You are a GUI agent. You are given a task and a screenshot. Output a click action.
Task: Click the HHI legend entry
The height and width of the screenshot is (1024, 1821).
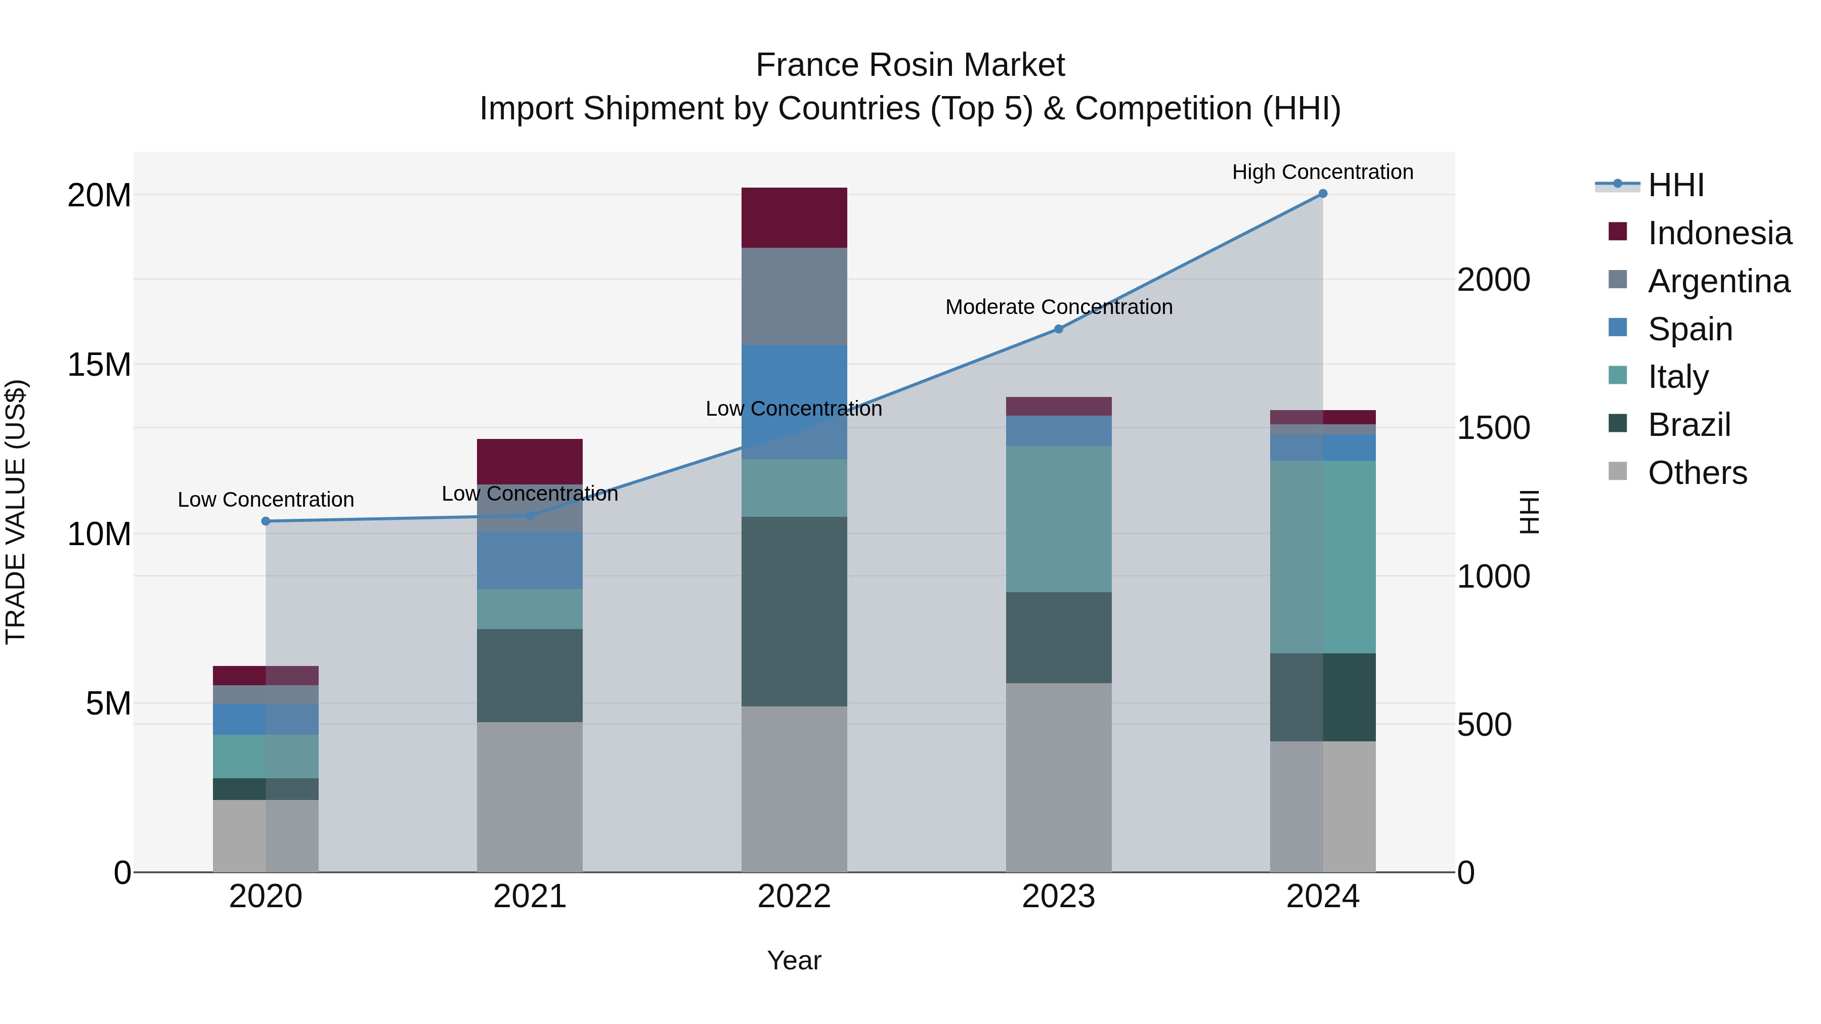point(1675,185)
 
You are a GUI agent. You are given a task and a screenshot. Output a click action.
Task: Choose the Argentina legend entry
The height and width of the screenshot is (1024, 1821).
point(1718,281)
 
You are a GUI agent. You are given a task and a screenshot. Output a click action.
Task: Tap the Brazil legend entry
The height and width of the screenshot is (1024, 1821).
point(1689,425)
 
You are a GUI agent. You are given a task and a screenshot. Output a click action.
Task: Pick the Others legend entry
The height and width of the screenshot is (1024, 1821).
point(1697,473)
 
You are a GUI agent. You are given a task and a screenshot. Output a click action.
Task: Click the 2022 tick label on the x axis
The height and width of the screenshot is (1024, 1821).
point(794,897)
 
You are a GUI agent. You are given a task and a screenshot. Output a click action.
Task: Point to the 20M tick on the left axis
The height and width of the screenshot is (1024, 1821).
point(99,195)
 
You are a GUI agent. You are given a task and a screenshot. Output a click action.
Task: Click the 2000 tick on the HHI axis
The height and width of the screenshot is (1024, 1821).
point(1493,280)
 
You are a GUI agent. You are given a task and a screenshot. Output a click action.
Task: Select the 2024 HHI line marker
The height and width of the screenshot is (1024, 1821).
point(1323,194)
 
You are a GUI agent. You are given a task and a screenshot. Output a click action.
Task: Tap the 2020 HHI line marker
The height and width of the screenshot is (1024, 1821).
point(266,521)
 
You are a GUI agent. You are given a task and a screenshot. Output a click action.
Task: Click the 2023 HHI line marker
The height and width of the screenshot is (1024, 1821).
point(1058,329)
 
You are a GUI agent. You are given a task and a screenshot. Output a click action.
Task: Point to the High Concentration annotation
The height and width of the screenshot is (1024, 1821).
point(1323,172)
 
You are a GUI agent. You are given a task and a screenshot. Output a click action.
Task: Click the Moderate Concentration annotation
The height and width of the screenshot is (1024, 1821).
point(1058,307)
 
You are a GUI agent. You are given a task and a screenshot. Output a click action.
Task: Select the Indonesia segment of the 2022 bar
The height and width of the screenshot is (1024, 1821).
point(794,217)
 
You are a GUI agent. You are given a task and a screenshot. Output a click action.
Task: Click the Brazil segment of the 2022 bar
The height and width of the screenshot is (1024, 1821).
point(794,611)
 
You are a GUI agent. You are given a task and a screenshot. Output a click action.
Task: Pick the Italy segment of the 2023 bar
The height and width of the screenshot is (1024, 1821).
point(1058,519)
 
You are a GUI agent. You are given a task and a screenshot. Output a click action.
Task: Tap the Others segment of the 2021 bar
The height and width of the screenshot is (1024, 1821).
point(530,796)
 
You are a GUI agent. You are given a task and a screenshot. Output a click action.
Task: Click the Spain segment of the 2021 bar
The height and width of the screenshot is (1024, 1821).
point(530,560)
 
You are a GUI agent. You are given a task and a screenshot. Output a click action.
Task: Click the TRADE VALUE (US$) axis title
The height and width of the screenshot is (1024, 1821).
point(16,512)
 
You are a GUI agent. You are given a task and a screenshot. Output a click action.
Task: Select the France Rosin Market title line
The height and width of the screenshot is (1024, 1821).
point(910,65)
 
